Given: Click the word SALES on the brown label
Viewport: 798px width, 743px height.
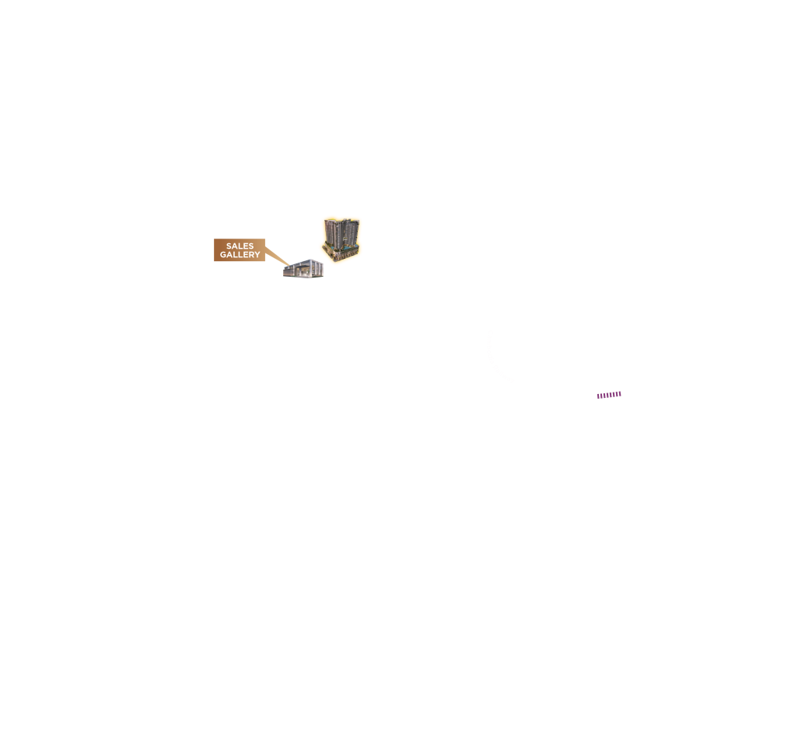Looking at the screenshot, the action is tap(240, 246).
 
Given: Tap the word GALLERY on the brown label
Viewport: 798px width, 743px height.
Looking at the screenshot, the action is tap(240, 254).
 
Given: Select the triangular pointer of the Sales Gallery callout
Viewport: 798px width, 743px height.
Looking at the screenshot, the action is tap(278, 256).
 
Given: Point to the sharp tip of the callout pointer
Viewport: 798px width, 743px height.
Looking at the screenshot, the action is tap(290, 266).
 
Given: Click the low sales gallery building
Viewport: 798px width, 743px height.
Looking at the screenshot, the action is tap(303, 268).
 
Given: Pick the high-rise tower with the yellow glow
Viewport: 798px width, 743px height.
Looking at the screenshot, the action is tap(341, 239).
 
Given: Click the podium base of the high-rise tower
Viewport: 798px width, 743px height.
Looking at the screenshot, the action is tap(341, 253).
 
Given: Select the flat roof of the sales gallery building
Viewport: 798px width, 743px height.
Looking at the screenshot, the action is tap(304, 262).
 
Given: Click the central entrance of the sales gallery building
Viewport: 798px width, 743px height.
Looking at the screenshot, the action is tap(303, 272).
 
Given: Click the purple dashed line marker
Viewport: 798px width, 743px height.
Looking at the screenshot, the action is tap(609, 395).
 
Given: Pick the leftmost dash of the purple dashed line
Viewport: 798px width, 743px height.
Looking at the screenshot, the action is tap(599, 396).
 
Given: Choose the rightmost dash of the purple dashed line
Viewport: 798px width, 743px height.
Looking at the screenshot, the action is tap(620, 393).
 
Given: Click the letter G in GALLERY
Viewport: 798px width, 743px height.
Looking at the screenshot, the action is tap(223, 254).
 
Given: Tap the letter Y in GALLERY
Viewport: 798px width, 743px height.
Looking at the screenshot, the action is tap(257, 254).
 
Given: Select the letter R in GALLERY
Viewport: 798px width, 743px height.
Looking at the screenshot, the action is tap(251, 254).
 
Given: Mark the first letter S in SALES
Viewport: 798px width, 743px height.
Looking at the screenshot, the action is tap(229, 246).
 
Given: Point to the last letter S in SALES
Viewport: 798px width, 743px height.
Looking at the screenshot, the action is tap(251, 246).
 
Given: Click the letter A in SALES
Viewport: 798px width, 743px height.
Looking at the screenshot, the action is tap(235, 246).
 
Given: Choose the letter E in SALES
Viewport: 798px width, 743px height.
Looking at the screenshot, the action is tap(246, 246).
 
